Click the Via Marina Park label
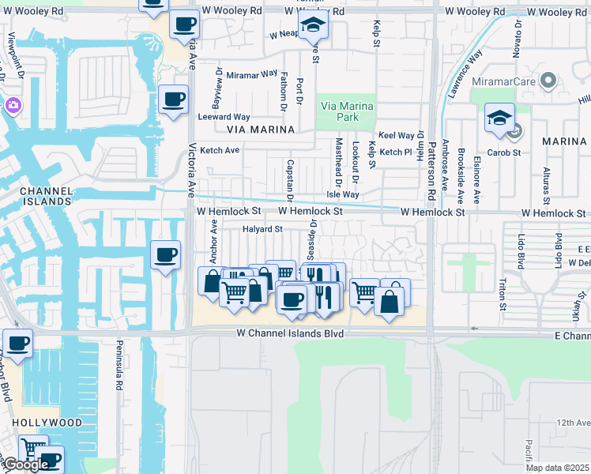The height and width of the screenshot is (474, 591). (x=346, y=111)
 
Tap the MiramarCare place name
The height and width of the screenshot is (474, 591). (x=503, y=81)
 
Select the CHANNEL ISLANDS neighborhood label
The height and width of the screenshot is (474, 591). (x=46, y=196)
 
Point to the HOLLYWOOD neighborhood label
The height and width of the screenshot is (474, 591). (x=47, y=423)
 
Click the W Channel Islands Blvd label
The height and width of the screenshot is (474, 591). (x=291, y=334)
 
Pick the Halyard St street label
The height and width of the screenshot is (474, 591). (x=262, y=229)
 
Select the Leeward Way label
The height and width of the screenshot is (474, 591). (x=225, y=117)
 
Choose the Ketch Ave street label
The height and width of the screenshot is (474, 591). (x=220, y=150)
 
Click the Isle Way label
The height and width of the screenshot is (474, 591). (x=344, y=194)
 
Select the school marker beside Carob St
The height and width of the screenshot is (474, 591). (x=499, y=118)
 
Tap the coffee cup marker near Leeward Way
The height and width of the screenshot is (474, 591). (x=173, y=100)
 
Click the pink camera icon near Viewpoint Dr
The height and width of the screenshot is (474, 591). (x=13, y=105)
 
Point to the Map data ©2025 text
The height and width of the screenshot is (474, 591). (x=558, y=468)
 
